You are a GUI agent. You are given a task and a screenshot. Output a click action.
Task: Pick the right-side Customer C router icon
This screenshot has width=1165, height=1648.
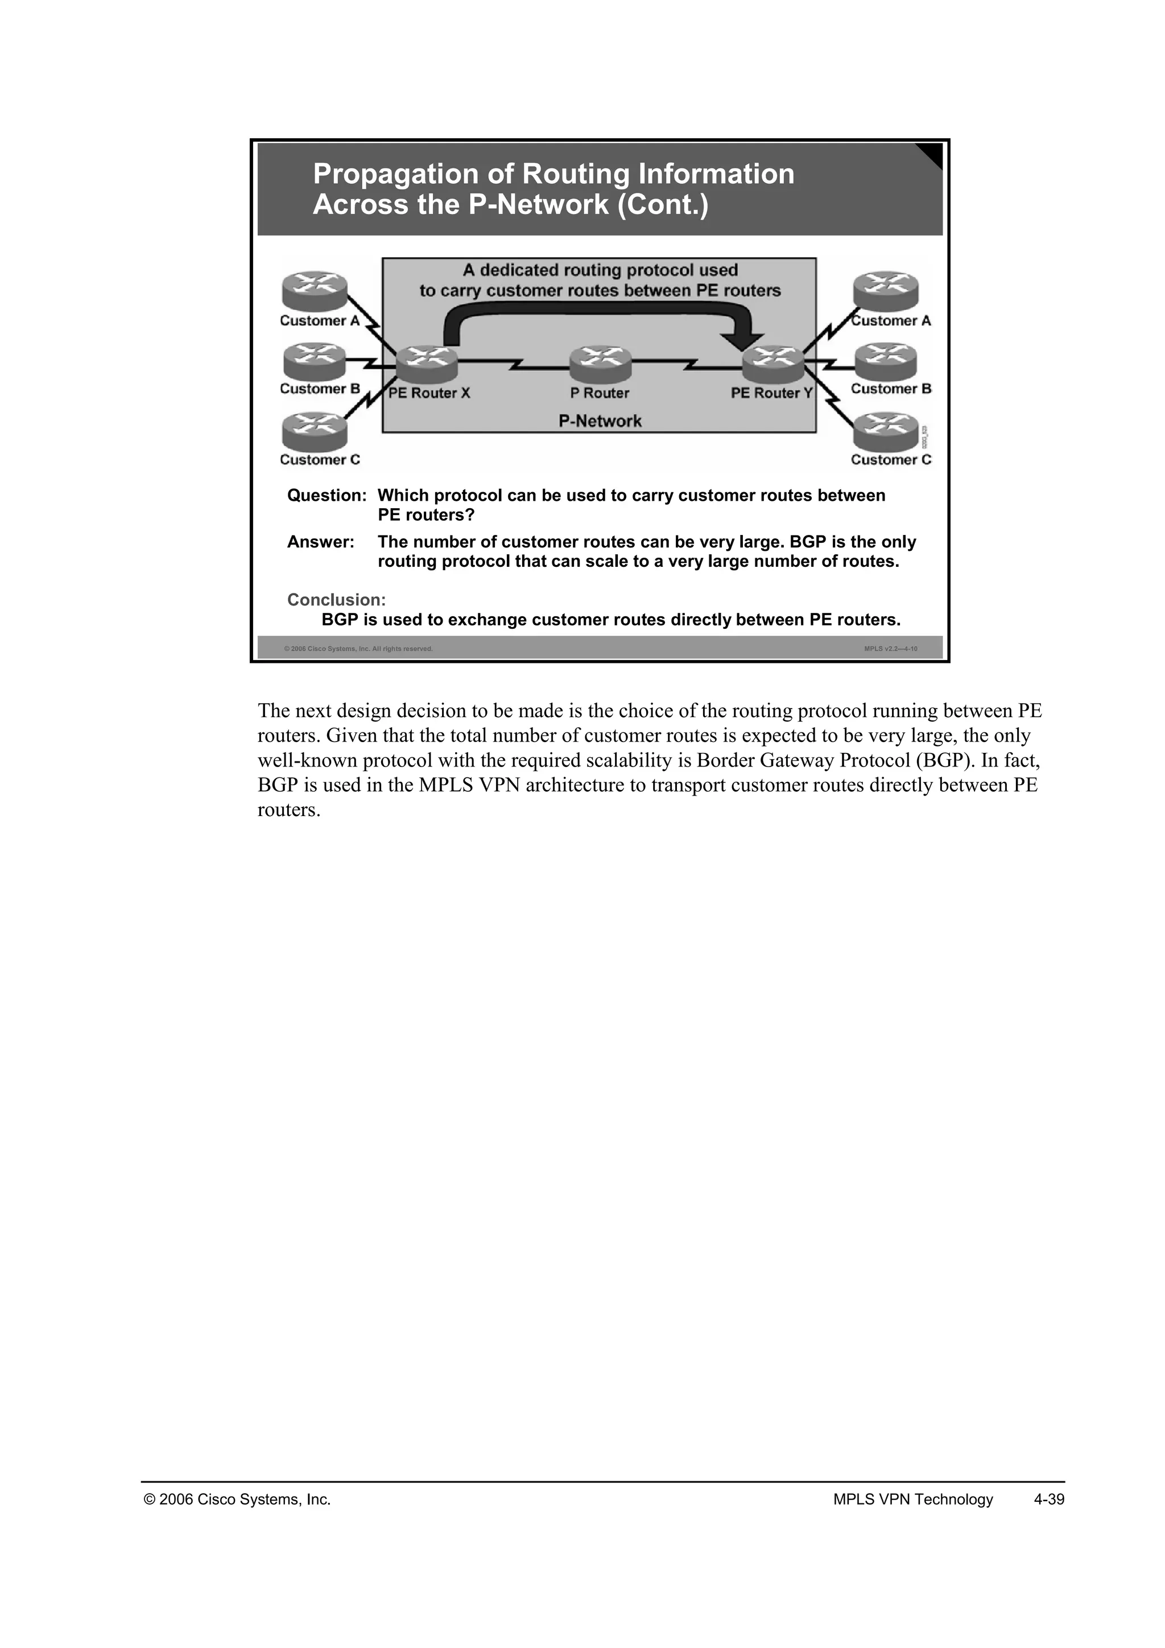885,431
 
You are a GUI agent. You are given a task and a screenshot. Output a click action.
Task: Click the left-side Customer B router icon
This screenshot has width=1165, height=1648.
314,361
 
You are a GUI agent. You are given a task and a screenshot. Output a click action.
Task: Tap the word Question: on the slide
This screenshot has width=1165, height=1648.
327,496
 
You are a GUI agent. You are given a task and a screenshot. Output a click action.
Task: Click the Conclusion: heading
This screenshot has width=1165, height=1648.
336,600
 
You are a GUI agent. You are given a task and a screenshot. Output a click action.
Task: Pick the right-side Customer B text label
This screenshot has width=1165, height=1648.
891,389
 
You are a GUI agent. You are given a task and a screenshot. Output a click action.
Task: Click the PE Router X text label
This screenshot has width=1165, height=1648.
429,393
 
